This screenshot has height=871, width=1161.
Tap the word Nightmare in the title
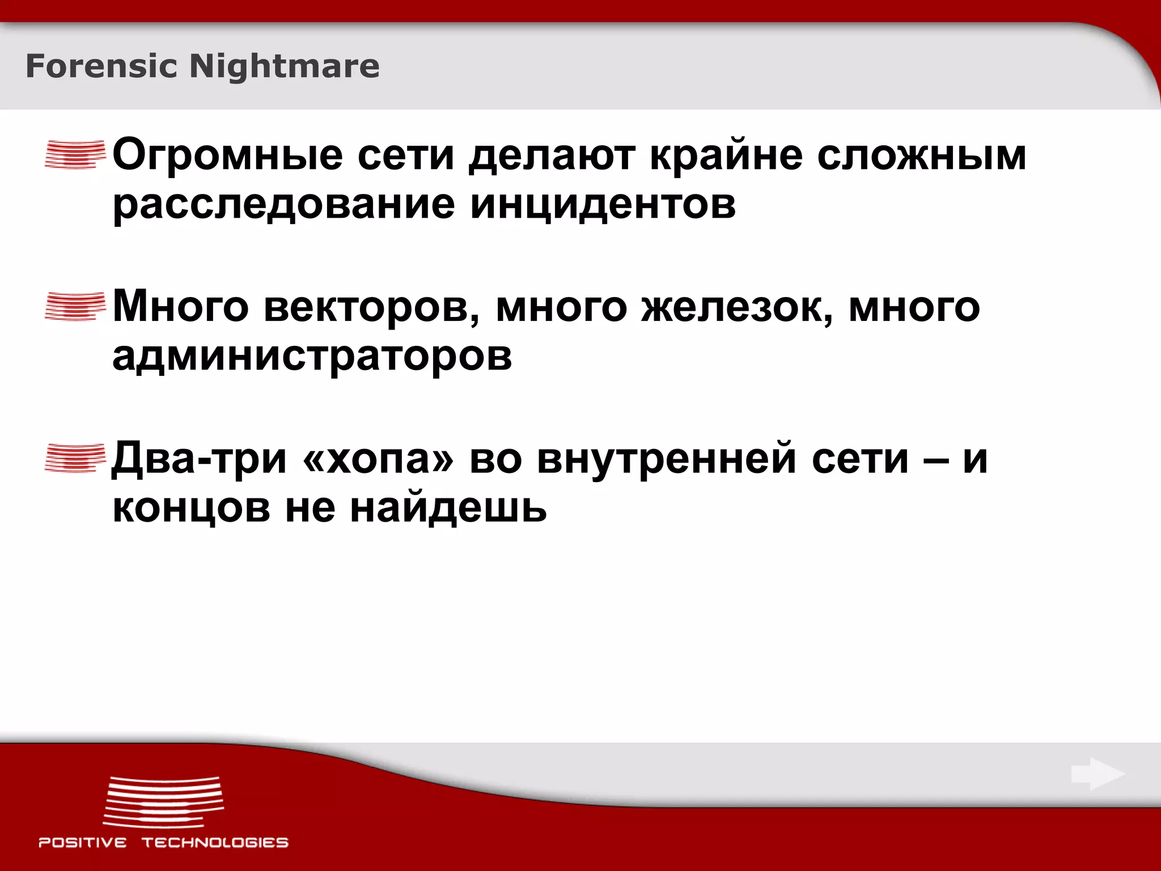284,66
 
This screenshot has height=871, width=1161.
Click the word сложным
922,155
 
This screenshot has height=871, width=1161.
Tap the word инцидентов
603,204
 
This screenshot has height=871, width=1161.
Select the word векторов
372,307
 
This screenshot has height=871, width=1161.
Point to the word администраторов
312,357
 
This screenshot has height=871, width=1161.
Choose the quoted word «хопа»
379,459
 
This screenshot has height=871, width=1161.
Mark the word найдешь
448,508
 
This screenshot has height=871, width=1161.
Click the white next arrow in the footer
1098,774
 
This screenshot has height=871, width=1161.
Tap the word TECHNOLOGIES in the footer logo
215,843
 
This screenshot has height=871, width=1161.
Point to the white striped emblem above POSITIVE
163,802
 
